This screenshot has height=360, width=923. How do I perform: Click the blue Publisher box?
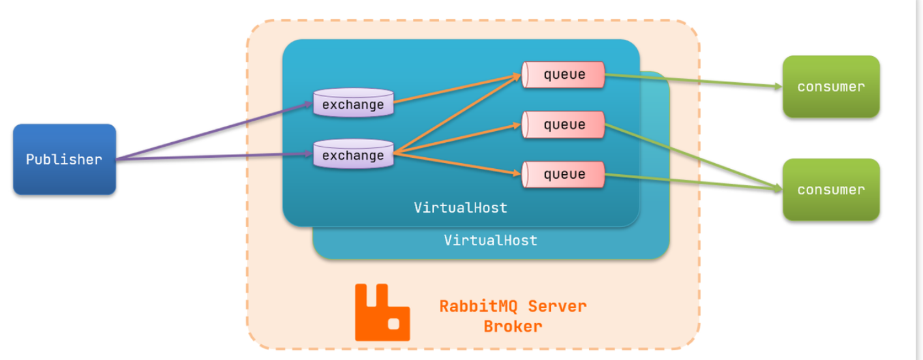click(64, 159)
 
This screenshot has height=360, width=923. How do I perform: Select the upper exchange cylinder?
click(353, 104)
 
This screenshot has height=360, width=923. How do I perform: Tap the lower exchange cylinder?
click(353, 155)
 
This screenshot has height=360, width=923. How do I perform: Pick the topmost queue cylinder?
click(564, 75)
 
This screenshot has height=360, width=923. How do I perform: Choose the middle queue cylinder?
click(564, 125)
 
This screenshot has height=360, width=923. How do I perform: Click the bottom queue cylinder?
click(564, 174)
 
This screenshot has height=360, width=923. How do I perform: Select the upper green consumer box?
click(831, 87)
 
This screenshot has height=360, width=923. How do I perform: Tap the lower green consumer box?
click(831, 190)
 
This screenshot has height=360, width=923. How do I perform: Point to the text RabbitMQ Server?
click(513, 306)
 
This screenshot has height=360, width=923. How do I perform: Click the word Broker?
click(513, 326)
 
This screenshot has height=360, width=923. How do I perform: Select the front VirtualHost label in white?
click(461, 208)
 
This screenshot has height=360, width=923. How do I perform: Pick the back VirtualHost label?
click(491, 240)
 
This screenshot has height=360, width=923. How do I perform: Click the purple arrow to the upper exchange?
click(215, 130)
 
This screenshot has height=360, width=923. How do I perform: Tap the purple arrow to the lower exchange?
click(215, 157)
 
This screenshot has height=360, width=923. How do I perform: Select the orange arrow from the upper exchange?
click(457, 89)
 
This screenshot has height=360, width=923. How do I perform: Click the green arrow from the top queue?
click(691, 82)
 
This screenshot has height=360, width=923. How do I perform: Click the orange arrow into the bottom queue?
click(457, 164)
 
